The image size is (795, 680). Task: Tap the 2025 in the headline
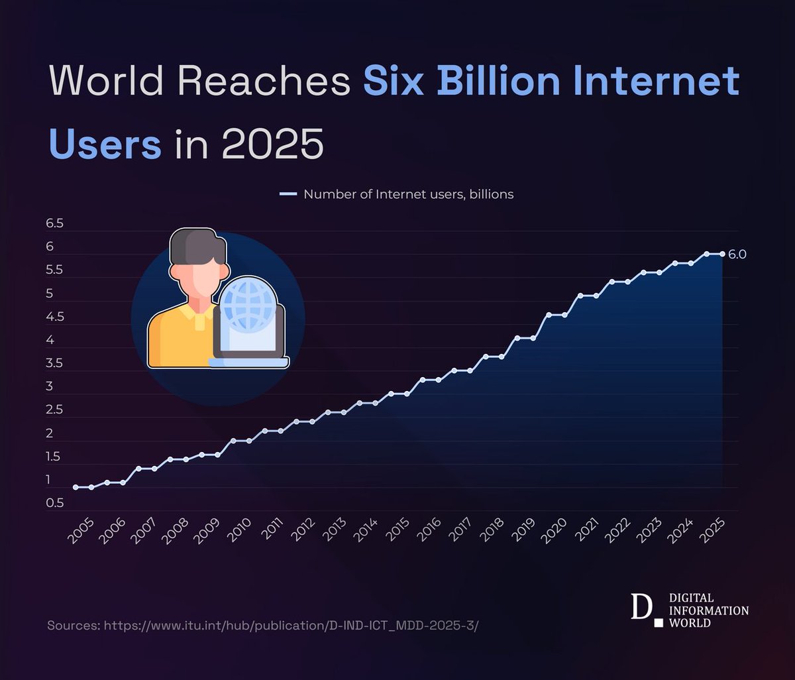[272, 144]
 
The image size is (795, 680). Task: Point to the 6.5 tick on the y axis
[54, 224]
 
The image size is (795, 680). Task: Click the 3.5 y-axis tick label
[54, 363]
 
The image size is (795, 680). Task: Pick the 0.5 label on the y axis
[54, 503]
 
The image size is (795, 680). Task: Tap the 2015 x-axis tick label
[398, 530]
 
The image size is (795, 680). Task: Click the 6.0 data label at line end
[737, 255]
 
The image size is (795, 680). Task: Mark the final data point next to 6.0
[722, 254]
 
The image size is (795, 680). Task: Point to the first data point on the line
[76, 487]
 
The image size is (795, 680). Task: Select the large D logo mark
[640, 607]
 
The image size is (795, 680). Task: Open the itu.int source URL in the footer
[291, 626]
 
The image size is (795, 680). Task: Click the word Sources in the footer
[73, 626]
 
